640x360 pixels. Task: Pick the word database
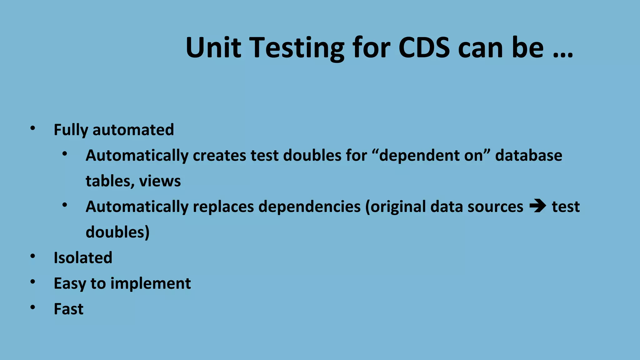point(529,155)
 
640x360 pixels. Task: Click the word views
point(160,181)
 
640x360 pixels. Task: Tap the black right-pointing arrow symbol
point(537,206)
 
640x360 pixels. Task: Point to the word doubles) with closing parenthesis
point(117,232)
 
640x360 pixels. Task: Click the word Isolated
point(83,258)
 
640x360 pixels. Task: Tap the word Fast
point(68,309)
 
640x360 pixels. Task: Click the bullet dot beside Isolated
point(33,256)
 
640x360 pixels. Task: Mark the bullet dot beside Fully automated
point(33,128)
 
